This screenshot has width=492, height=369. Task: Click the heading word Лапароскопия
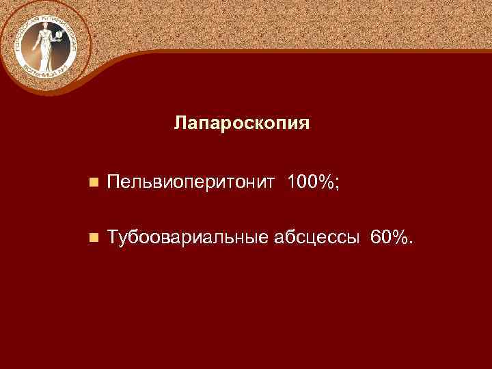(242, 124)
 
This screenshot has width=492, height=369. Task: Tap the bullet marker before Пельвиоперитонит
(93, 183)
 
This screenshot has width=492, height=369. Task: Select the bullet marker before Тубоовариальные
(93, 237)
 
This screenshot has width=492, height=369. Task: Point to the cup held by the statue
(59, 34)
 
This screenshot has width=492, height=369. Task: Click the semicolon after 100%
(337, 183)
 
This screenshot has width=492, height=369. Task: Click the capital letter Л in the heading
(180, 124)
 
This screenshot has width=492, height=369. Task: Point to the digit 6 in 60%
(375, 236)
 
